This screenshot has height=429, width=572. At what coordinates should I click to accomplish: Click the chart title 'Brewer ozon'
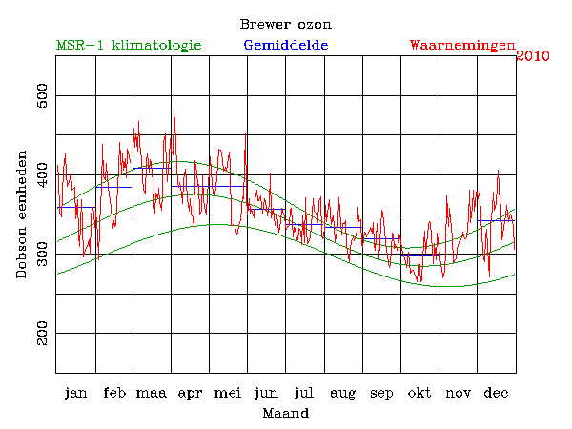tap(285, 23)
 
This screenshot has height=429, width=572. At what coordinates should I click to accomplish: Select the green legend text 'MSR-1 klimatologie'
tap(129, 45)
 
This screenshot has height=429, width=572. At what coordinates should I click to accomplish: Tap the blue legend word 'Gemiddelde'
tap(286, 45)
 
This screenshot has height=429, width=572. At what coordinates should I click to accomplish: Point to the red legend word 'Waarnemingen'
tap(461, 45)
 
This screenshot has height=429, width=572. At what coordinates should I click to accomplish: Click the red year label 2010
tap(532, 56)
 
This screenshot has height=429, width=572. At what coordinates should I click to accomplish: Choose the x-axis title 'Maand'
tap(285, 414)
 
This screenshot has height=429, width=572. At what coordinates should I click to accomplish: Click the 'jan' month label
tap(76, 393)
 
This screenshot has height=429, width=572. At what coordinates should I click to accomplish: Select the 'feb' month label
tap(114, 393)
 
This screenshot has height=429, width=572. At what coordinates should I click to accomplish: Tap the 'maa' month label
tap(153, 393)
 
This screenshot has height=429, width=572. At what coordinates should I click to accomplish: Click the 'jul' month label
tap(305, 393)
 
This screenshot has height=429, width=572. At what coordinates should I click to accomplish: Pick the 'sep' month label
tap(381, 394)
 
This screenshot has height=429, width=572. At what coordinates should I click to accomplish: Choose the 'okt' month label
tap(419, 393)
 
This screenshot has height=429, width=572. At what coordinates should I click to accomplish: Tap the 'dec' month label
tap(496, 393)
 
